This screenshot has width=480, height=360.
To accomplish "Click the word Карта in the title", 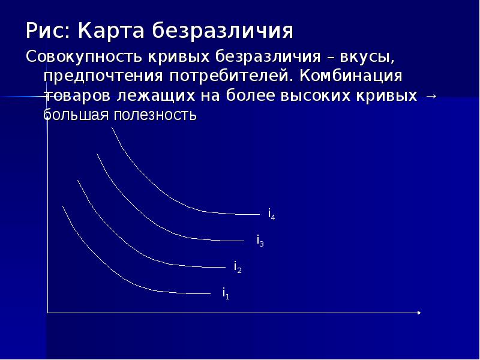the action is pos(111,31).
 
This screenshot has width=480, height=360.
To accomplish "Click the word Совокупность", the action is pos(85,57).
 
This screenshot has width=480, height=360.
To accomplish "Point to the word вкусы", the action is pos(367,57).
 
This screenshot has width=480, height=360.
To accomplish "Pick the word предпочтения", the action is pos(103,77).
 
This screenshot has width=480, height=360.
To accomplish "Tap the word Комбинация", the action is pos(351,77).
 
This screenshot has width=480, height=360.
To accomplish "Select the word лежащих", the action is pos(155,96).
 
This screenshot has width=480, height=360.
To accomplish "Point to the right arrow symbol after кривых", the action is pos(431,96).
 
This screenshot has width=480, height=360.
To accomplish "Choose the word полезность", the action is pos(155,115).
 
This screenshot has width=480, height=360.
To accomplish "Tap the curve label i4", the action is pos(272,214).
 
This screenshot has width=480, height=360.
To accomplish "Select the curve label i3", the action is pos(260,241).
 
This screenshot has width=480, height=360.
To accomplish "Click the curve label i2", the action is pos(238,267).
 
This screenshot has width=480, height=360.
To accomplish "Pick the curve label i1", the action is pos(226,293).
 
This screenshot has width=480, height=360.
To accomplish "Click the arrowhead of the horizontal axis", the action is pos(419,313).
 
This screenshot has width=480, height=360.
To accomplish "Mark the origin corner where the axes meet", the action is pos(48,313).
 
